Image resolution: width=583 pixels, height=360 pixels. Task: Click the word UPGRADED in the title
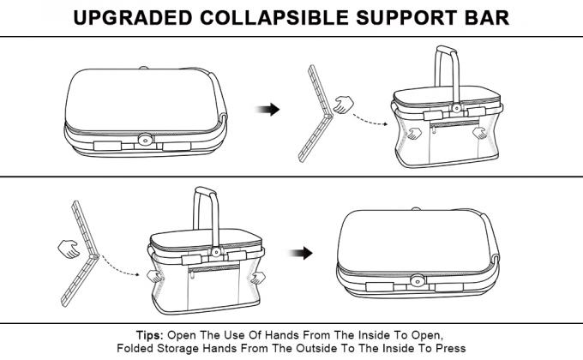click(x=133, y=17)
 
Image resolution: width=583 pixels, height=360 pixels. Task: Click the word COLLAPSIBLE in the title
click(x=274, y=17)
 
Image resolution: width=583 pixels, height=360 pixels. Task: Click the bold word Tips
click(x=149, y=335)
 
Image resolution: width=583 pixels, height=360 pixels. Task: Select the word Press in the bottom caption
click(x=451, y=349)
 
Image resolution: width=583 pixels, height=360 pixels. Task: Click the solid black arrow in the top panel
click(x=267, y=110)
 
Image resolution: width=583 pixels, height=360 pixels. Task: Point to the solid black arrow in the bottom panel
click(x=301, y=253)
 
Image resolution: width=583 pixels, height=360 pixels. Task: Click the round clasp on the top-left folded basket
click(x=146, y=140)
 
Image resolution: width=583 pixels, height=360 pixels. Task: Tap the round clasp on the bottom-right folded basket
click(x=418, y=281)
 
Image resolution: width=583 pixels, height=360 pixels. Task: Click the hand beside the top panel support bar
click(x=344, y=105)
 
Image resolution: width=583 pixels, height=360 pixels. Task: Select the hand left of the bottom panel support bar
click(x=69, y=249)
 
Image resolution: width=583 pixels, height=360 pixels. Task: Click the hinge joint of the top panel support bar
click(x=328, y=117)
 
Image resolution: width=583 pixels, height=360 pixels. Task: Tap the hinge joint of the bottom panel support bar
click(x=95, y=256)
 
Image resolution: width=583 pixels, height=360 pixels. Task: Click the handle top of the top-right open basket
click(x=447, y=50)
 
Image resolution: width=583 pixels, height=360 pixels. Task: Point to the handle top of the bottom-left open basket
click(x=205, y=191)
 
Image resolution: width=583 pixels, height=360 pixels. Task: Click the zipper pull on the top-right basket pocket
click(x=434, y=129)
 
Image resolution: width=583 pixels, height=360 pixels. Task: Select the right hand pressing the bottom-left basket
click(x=258, y=278)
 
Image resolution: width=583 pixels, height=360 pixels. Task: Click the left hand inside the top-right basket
click(x=414, y=133)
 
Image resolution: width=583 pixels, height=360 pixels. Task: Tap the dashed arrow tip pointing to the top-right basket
click(x=387, y=123)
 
